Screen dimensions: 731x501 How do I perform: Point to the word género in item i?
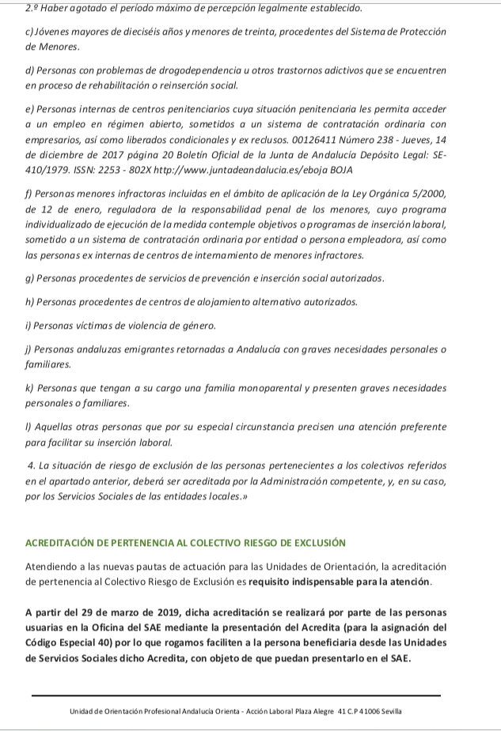pyautogui.click(x=197, y=325)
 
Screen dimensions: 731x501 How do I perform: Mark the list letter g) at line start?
pyautogui.click(x=30, y=279)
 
